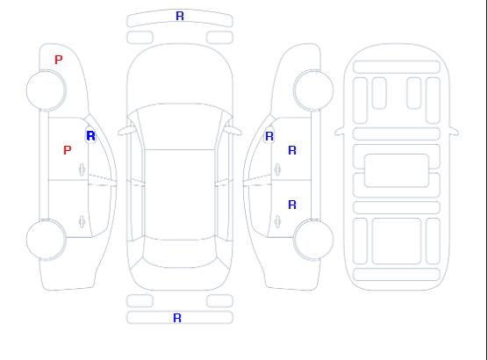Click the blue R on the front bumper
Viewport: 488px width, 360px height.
tap(180, 16)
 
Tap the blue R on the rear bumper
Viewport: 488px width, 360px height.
tap(177, 318)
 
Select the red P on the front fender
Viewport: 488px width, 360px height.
tap(58, 60)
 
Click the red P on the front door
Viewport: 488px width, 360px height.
tap(67, 150)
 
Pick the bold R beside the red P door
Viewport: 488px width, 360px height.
tap(90, 136)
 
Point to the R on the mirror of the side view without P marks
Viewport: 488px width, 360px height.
tap(269, 136)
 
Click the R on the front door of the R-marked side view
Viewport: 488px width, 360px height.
tap(292, 150)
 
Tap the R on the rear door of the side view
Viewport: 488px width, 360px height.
tap(292, 205)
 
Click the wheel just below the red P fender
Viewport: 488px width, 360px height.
tap(46, 90)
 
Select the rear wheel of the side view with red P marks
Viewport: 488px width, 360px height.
tap(46, 240)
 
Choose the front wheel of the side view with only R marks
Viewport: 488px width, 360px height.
tap(313, 90)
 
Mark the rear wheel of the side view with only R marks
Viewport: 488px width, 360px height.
tap(313, 239)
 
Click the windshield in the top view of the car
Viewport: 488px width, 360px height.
tap(180, 126)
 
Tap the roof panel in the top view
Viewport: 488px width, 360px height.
tap(180, 195)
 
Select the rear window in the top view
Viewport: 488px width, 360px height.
tap(180, 253)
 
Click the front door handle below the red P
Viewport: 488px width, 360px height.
tap(82, 169)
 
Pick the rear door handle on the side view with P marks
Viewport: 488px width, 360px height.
tap(82, 221)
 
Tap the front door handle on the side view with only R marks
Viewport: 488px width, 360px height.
tap(277, 169)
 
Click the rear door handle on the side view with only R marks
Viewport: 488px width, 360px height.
tap(277, 221)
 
